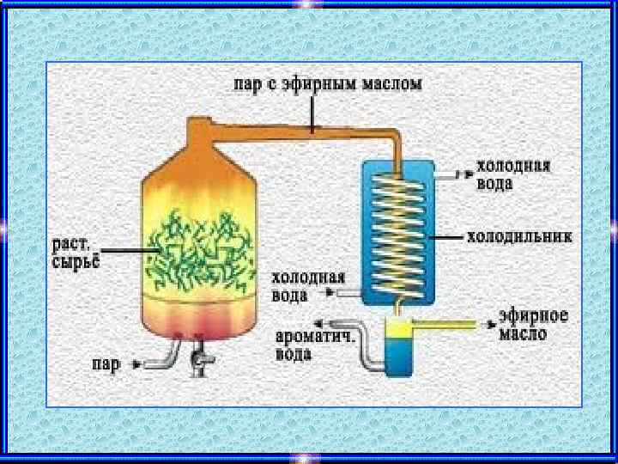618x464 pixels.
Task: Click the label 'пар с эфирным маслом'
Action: (327, 85)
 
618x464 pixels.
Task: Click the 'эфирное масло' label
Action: (534, 325)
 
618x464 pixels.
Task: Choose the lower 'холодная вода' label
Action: (308, 286)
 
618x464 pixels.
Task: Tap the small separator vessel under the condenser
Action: (398, 344)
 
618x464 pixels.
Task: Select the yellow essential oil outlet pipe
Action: (451, 324)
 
